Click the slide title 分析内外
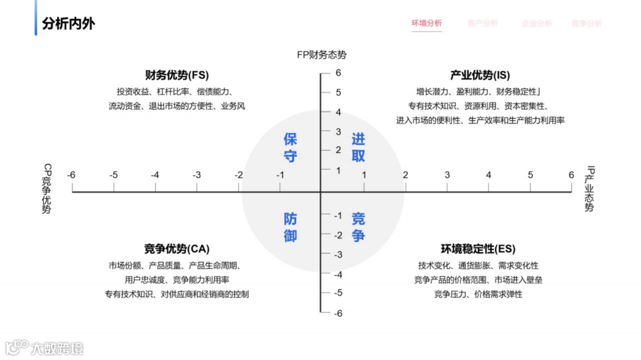68,24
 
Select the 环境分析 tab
427,23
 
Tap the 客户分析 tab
483,23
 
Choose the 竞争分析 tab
586,23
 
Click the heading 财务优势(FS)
177,75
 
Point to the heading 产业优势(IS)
480,75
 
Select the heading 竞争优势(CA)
177,249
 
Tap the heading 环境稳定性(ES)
478,249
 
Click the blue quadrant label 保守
290,148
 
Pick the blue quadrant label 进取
358,148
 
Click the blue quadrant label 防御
290,227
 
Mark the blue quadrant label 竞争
358,227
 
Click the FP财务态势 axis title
322,55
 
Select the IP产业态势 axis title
589,189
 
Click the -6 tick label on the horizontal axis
71,175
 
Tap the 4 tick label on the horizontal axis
488,175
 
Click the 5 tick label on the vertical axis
338,93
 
